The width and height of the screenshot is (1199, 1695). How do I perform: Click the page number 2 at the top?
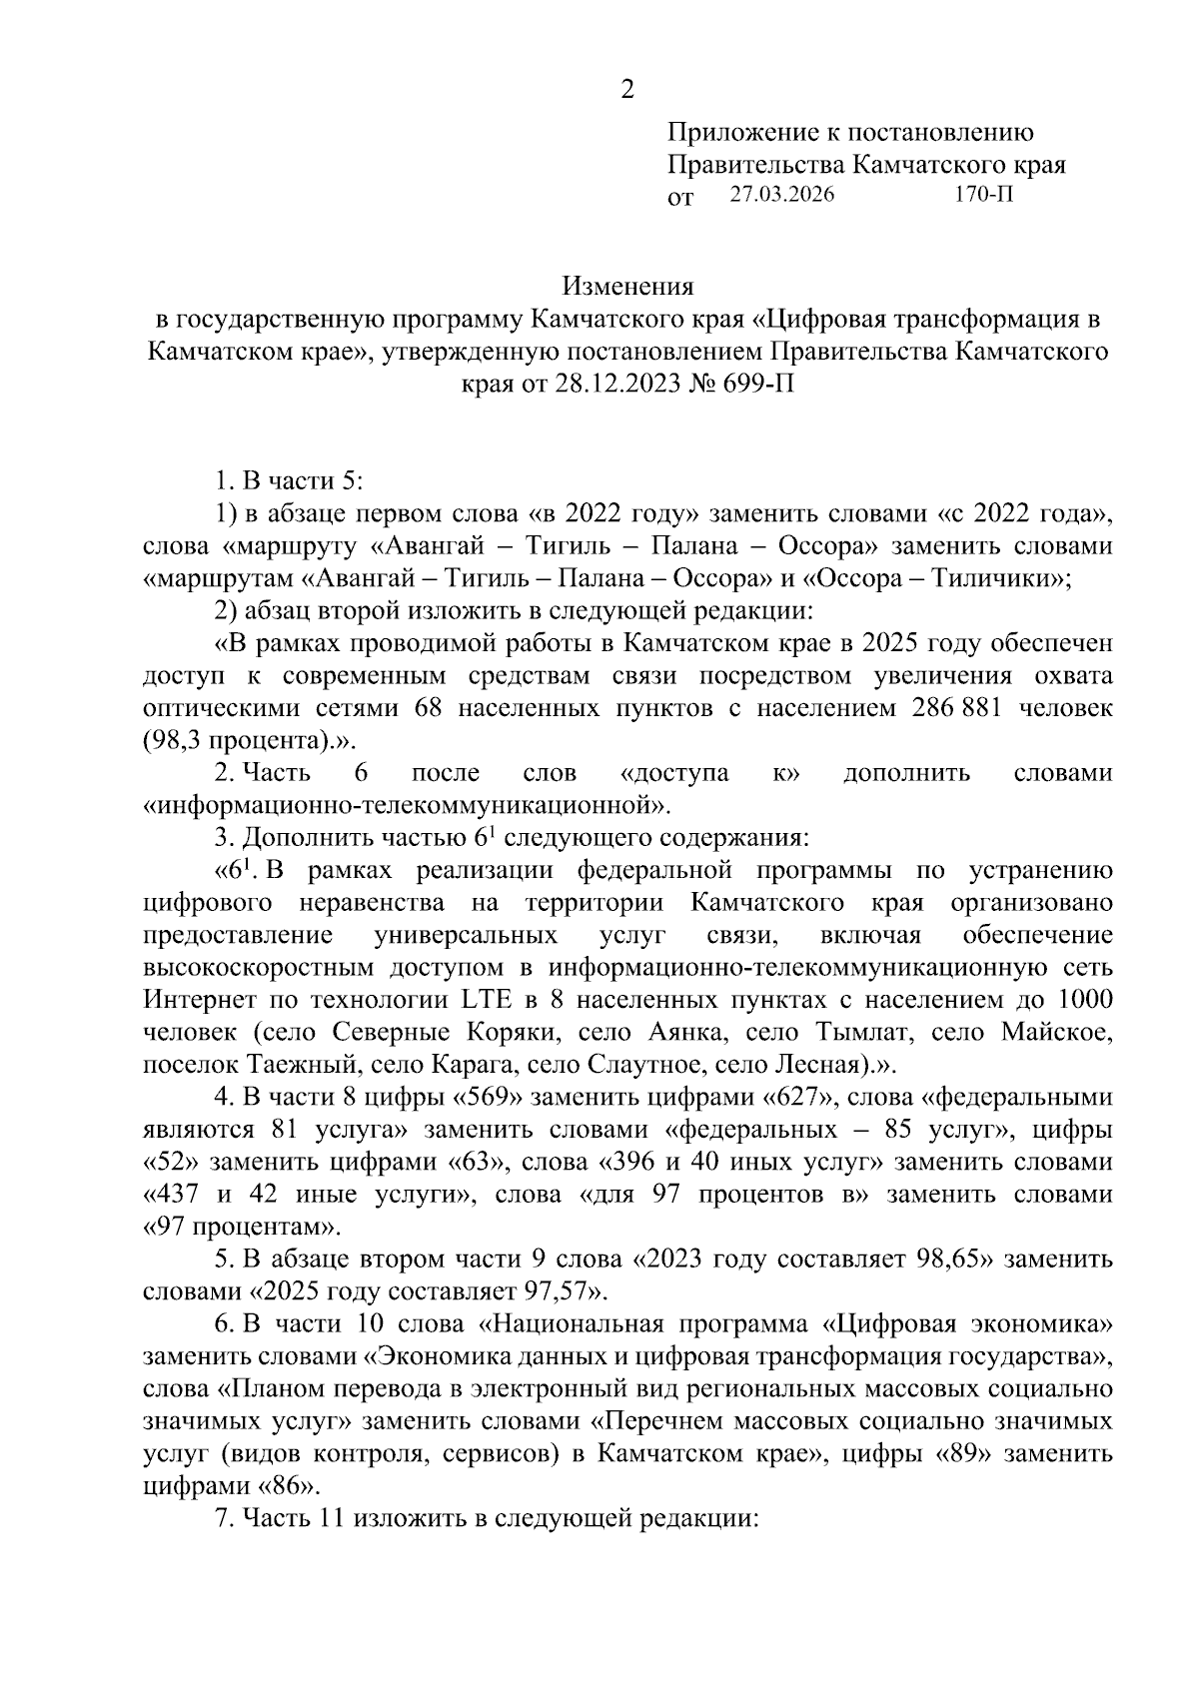point(627,90)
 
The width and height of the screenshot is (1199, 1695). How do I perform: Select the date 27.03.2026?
point(780,195)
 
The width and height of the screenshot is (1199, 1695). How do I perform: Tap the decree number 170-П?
point(984,195)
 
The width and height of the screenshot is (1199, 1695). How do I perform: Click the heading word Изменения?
point(627,288)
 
